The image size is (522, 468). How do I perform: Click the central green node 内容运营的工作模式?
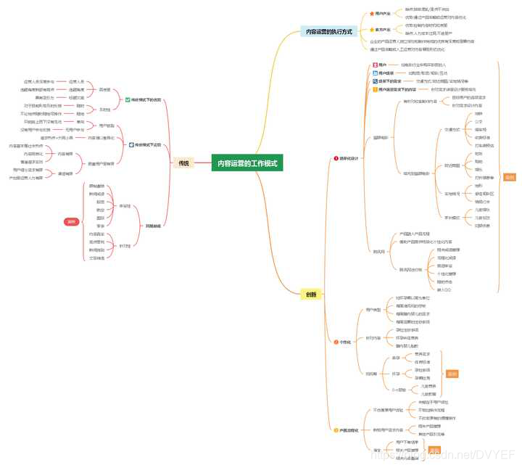[x=247, y=163]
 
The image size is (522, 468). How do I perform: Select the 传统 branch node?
[x=183, y=163]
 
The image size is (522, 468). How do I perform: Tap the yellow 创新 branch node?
[x=310, y=294]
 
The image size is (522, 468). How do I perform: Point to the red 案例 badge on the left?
[x=71, y=221]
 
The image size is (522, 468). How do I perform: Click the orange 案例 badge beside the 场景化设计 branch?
[x=509, y=177]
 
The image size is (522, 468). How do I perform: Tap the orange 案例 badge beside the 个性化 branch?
[x=452, y=374]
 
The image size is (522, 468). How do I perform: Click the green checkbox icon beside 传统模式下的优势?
[x=127, y=99]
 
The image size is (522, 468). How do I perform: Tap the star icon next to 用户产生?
[x=372, y=13]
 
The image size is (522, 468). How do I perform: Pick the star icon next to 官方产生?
[x=372, y=30]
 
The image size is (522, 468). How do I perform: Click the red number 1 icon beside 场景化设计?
[x=335, y=157]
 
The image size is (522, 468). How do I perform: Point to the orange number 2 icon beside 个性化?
[x=334, y=342]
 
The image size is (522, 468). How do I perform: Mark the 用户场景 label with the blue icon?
[x=385, y=73]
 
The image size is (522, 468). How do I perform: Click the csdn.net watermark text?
[x=442, y=454]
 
